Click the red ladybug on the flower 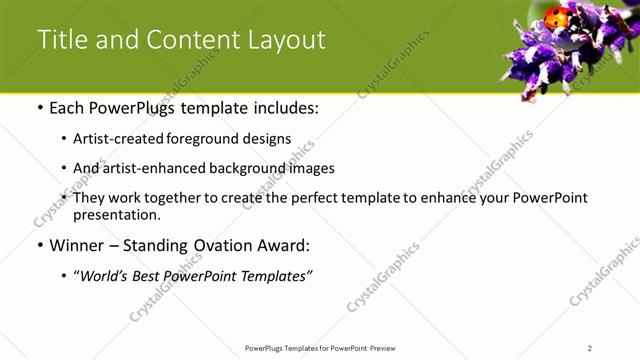point(558,17)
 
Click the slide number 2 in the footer point(590,347)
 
